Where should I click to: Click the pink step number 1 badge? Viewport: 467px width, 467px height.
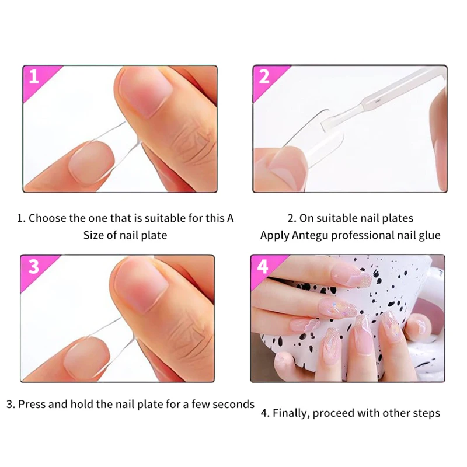point(34,77)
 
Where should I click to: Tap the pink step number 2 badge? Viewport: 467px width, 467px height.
point(264,77)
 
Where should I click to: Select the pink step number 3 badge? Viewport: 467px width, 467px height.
point(34,266)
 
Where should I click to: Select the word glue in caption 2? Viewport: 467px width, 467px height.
point(428,235)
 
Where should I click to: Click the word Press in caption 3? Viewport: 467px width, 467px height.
point(33,404)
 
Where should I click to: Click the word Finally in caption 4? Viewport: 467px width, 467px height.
point(291,413)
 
